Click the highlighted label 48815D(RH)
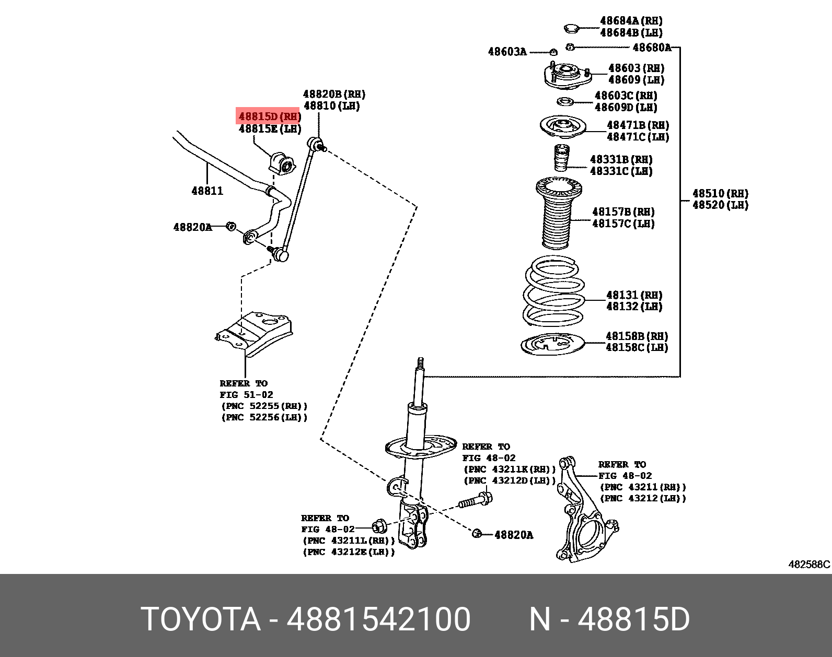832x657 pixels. (269, 116)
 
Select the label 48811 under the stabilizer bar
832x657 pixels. (207, 191)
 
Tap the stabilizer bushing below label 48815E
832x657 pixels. (281, 163)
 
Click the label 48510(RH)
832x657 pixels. (720, 194)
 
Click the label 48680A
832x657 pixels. (652, 48)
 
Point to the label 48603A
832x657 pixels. (507, 52)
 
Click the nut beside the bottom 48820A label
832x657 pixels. (476, 534)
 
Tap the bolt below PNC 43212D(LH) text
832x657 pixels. (475, 500)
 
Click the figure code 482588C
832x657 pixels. (808, 565)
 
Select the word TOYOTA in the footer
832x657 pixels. (201, 619)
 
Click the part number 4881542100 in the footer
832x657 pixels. (378, 619)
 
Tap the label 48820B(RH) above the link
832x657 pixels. (334, 95)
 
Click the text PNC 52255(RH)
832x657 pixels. (264, 406)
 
